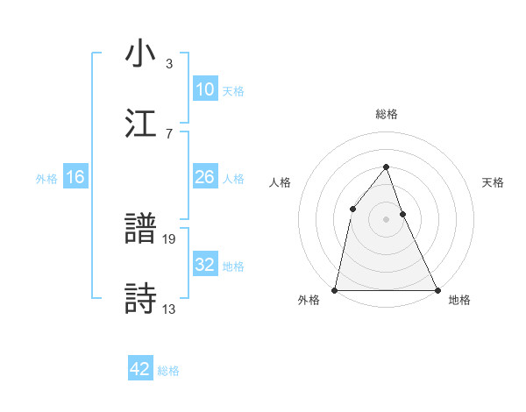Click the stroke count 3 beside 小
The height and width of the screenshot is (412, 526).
coord(169,64)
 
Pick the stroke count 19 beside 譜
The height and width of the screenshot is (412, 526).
coord(170,238)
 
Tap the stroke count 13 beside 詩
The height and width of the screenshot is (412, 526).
coord(170,308)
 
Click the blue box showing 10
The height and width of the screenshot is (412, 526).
coord(204,89)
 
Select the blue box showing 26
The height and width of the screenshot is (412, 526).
coord(204,177)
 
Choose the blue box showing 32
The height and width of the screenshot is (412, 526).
coord(204,265)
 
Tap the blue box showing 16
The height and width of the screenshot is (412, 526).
coord(75,177)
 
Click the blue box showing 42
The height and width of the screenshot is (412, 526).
coord(140,369)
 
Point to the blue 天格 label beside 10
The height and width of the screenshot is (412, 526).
coord(233,90)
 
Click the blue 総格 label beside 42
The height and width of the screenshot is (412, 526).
coord(168,371)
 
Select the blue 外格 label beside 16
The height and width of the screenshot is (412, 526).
coord(46,179)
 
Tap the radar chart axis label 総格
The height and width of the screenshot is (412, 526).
coord(386,114)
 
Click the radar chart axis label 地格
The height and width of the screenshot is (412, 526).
coord(459,300)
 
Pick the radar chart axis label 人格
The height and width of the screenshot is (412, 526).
coord(280,182)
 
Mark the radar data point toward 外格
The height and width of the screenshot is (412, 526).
coord(335,289)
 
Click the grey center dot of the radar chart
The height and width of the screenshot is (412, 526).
coord(386,219)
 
